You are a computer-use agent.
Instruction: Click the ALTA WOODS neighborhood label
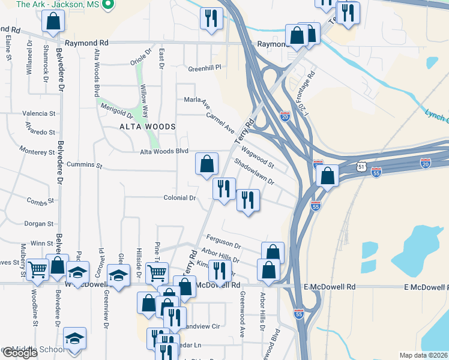pos(147,127)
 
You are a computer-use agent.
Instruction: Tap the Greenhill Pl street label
pos(205,68)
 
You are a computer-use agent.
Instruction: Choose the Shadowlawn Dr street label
pos(253,172)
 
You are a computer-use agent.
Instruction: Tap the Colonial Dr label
pos(180,197)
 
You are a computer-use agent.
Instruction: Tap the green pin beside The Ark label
pos(109,5)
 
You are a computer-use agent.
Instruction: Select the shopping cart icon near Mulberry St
pos(37,271)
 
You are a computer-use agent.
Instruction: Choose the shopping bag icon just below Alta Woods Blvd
pos(206,163)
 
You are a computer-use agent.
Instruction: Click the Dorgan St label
pos(39,224)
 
